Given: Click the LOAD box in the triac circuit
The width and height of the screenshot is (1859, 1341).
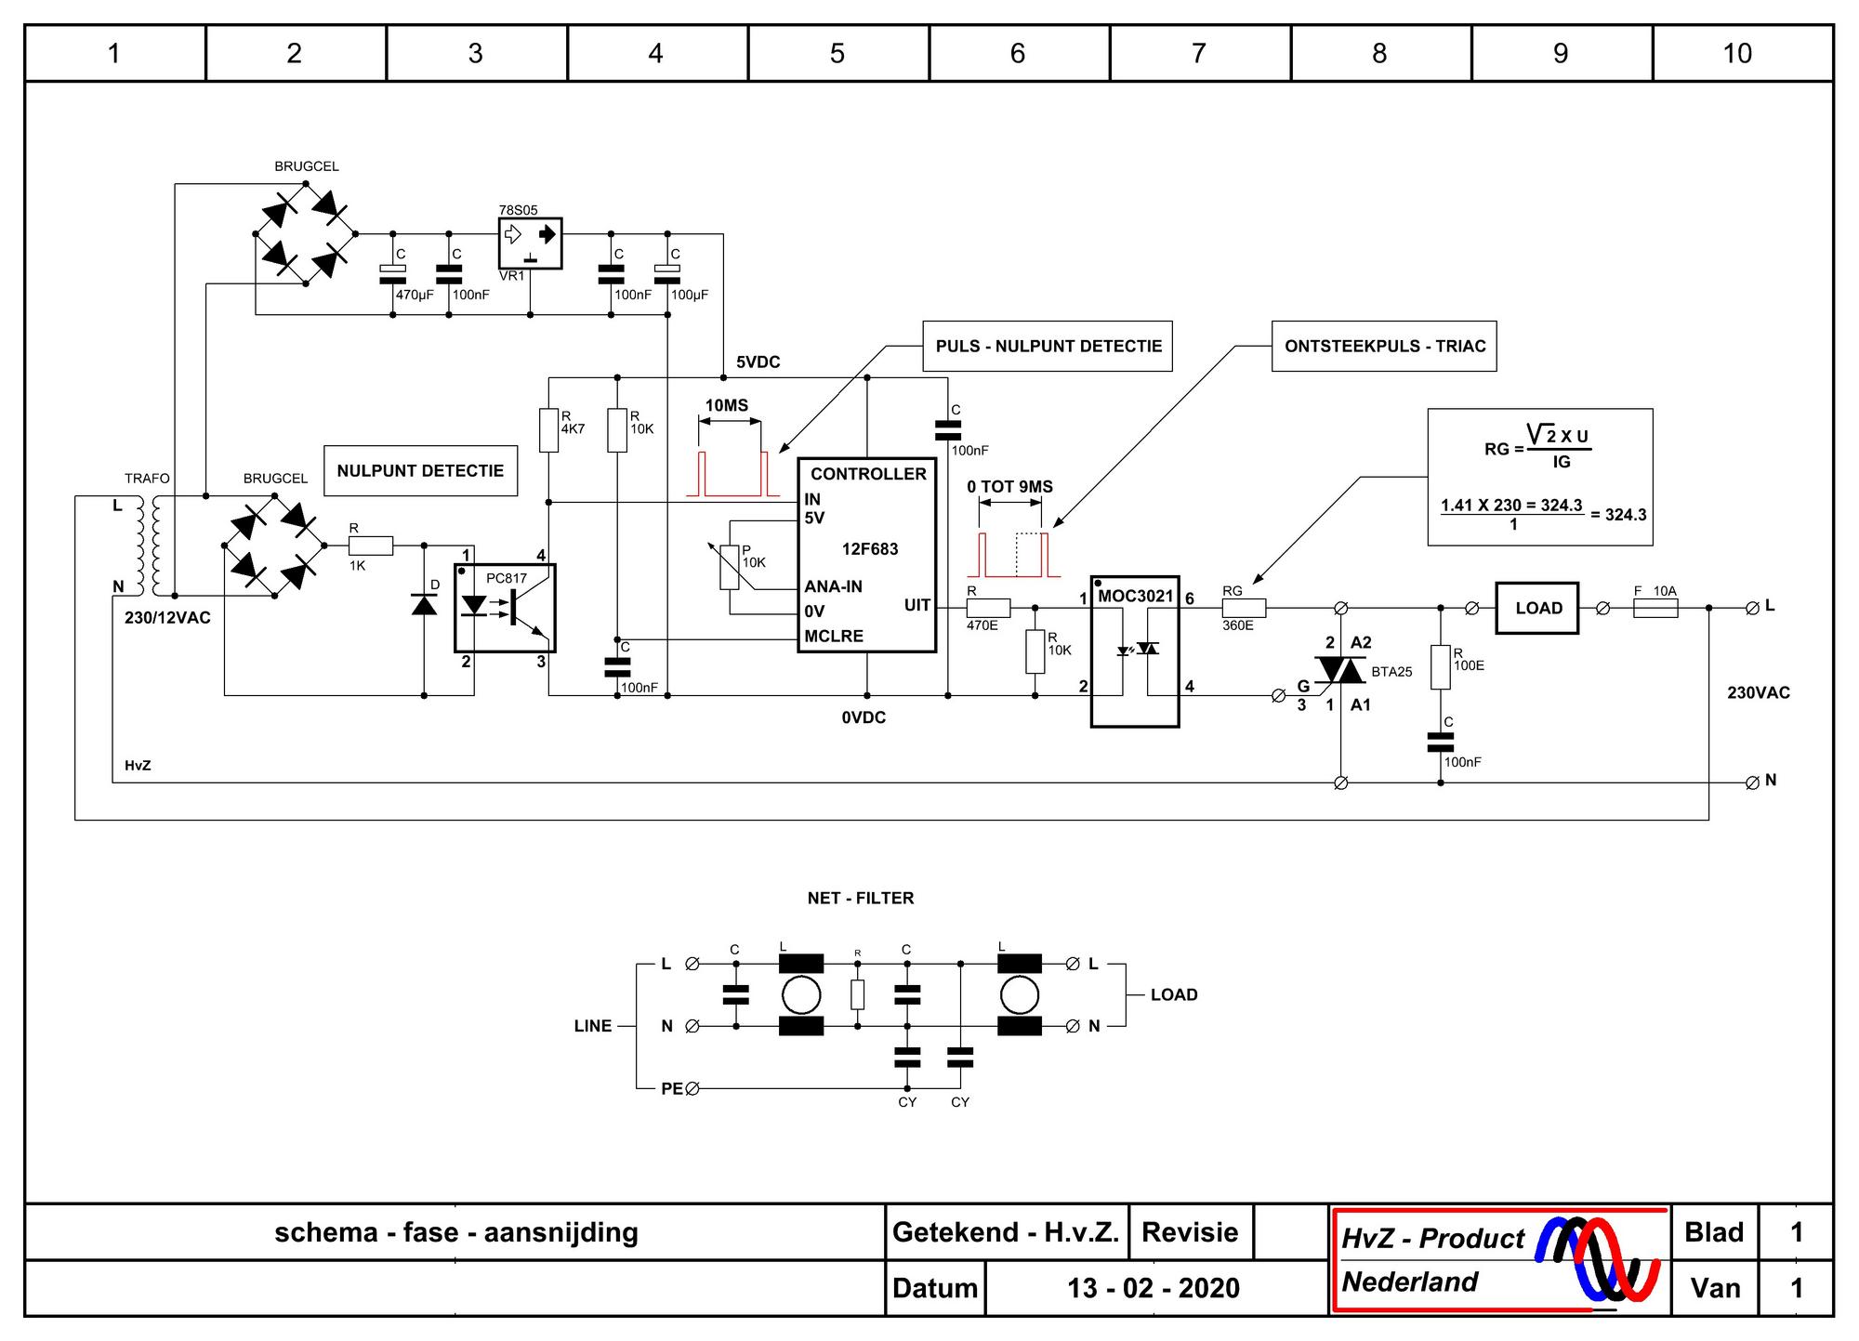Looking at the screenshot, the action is click(1536, 608).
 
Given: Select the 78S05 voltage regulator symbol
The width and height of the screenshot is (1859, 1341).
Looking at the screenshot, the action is click(530, 243).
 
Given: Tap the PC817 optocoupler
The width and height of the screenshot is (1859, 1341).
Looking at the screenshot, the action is click(505, 608).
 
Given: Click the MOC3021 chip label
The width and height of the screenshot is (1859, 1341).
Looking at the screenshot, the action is click(1135, 596).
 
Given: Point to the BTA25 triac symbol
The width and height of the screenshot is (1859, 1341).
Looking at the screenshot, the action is click(1339, 670).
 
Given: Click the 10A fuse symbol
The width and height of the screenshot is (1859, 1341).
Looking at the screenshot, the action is click(1655, 609).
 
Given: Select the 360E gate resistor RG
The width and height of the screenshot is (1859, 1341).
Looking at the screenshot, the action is click(1244, 608).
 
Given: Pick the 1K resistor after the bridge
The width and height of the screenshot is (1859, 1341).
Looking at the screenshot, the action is click(371, 546).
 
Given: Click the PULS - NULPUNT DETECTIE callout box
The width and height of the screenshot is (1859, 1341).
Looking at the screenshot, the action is click(1048, 347).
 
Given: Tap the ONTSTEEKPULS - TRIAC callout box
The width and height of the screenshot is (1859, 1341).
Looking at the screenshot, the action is click(1384, 347).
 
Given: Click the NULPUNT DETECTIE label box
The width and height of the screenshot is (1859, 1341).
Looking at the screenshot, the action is click(420, 471).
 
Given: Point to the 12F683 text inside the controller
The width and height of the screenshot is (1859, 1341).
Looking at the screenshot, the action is click(870, 549).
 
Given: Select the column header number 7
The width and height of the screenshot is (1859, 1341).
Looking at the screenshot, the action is click(1199, 53).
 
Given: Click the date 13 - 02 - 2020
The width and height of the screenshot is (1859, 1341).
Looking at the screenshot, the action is click(1154, 1288).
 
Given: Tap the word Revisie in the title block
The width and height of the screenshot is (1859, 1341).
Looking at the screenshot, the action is click(1190, 1232).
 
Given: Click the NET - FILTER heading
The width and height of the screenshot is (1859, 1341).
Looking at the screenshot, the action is click(861, 899).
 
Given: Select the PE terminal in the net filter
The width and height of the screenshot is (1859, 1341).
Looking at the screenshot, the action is click(692, 1088).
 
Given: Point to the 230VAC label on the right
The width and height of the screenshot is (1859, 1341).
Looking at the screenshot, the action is click(1759, 693).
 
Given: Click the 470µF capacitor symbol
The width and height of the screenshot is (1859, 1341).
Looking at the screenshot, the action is click(393, 273).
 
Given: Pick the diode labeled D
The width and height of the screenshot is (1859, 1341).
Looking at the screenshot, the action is click(424, 605).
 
